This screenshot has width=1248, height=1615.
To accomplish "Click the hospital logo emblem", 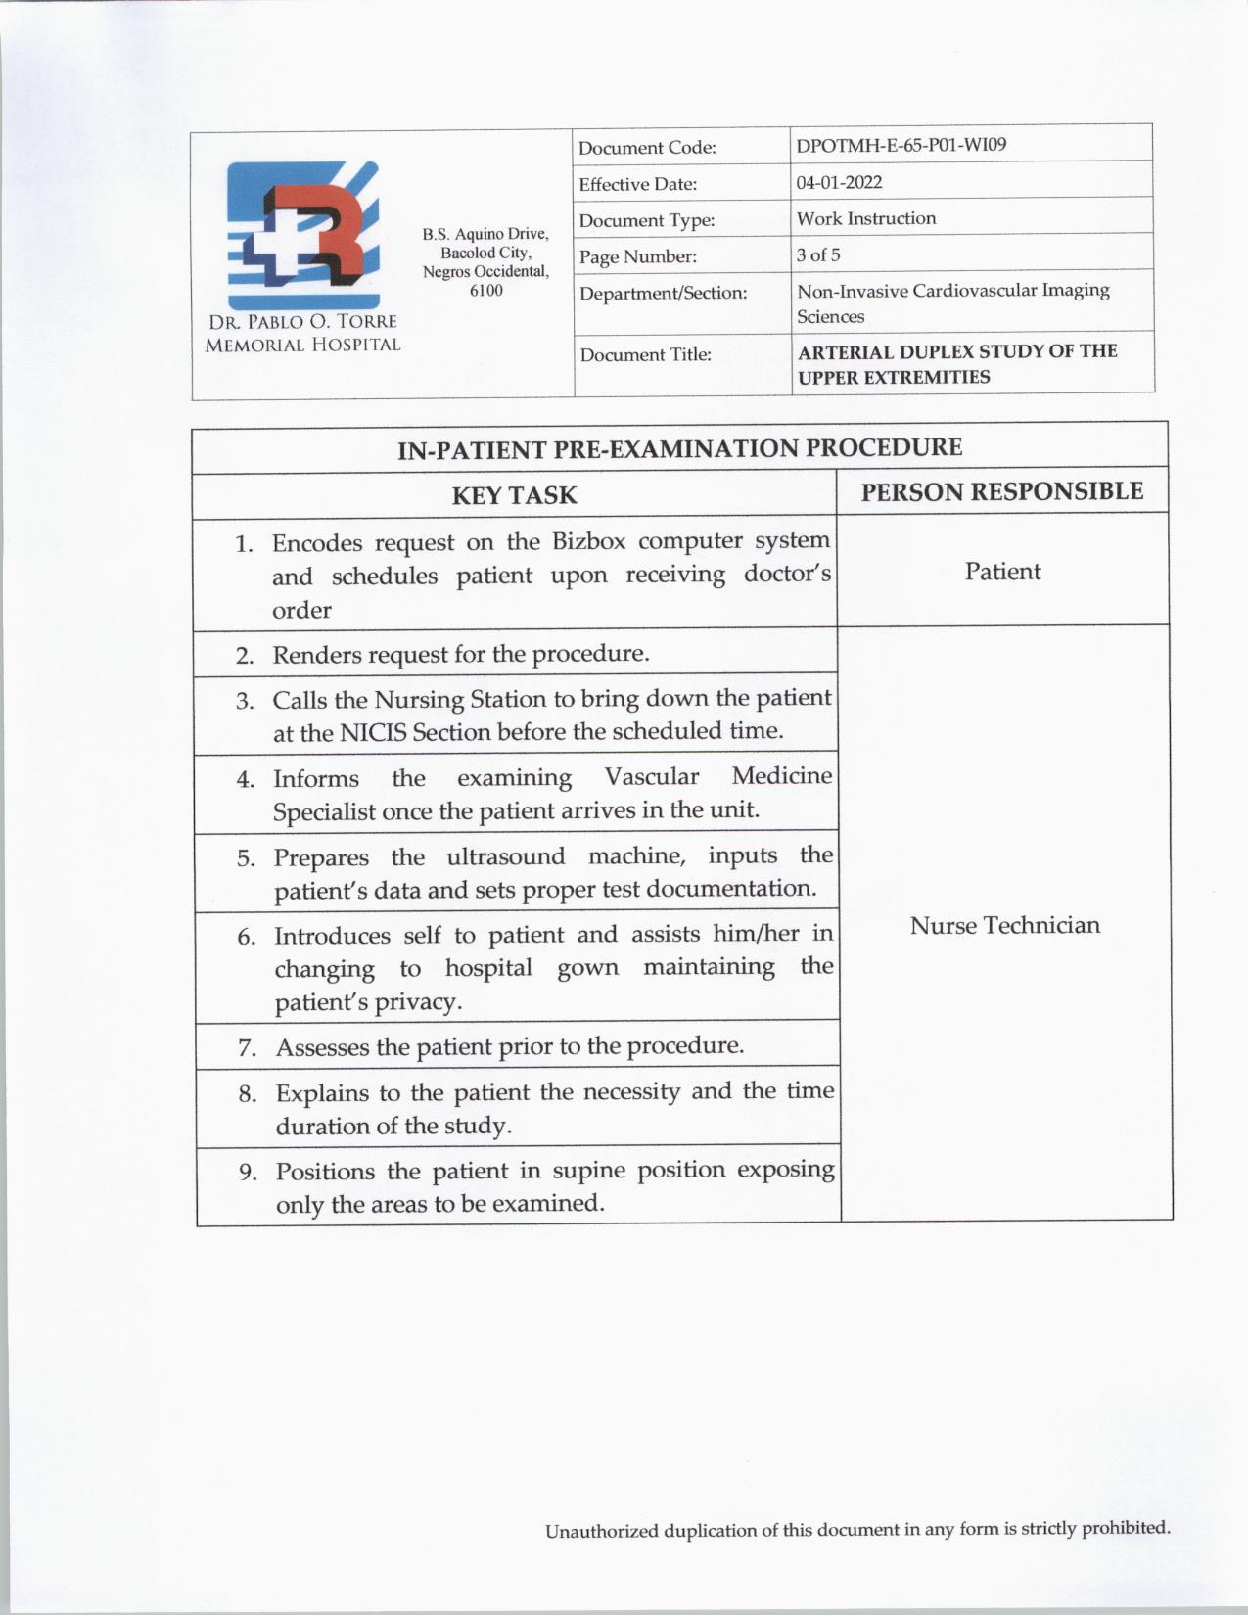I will coord(302,236).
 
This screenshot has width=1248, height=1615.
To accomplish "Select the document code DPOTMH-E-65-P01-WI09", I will coord(901,145).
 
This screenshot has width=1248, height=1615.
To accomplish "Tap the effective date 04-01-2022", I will coord(839,182).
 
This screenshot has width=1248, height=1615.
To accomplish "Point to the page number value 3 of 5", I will coord(818,255).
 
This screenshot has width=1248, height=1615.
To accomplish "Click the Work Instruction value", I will coord(865,218).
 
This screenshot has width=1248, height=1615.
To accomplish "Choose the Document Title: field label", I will coord(645,354).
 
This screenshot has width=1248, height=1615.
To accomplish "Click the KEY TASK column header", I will coord(514,495).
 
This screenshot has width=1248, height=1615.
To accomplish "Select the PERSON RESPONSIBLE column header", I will coord(1001,491).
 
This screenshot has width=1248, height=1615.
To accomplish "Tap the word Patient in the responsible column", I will coord(1002,572).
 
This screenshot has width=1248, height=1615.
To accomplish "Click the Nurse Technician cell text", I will coord(1004,925).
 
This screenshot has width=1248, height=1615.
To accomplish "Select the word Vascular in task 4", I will coord(651,777).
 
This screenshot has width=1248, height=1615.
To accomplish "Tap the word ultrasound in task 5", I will coord(505,856).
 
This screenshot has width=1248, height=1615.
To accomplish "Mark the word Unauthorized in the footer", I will coord(601,1531).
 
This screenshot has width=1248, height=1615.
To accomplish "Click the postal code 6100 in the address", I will coord(485,291).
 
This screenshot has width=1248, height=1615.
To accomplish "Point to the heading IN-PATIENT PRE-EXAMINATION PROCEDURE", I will coord(679,448).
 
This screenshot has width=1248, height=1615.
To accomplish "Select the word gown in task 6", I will coord(587,968).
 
